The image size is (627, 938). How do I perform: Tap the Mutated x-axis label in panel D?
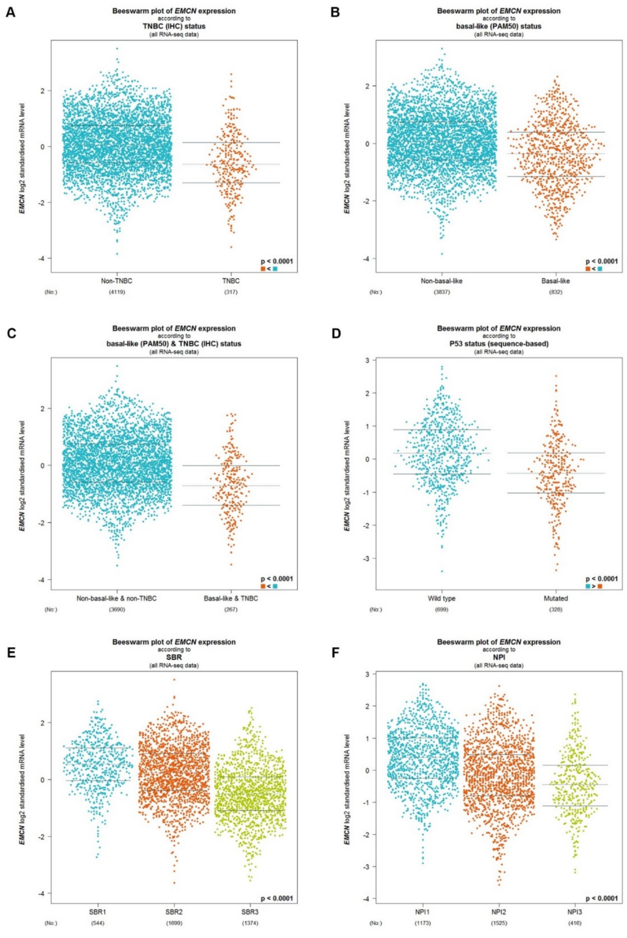click(556, 598)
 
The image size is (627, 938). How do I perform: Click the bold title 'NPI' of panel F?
click(498, 657)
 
